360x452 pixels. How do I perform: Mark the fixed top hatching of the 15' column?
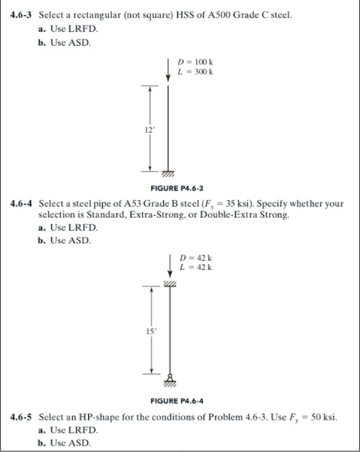pos(170,282)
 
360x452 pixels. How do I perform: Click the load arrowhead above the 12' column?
pos(168,78)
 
